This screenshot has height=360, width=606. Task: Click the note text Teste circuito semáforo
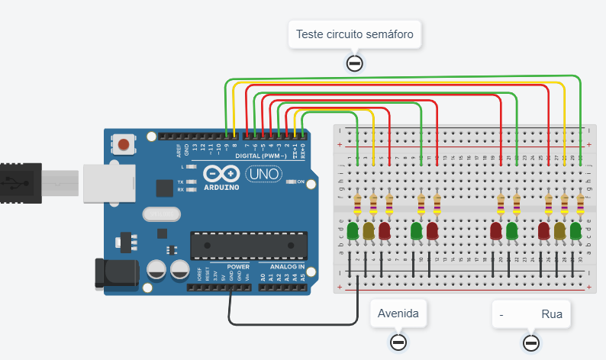tap(354, 34)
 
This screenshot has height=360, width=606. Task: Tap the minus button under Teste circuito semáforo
tap(354, 63)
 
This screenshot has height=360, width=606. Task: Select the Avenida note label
tap(398, 313)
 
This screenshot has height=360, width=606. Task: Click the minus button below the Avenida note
tap(398, 342)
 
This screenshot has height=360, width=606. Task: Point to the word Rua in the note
tap(551, 313)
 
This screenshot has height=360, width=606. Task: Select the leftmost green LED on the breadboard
tap(353, 230)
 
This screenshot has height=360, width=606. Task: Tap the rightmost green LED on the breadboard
tap(576, 230)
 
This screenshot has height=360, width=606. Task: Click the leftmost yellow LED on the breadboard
tap(369, 230)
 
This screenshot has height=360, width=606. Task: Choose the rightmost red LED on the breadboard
tap(544, 230)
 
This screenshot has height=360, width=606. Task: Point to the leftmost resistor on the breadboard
tap(358, 204)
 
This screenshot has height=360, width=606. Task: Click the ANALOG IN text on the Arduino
tap(286, 267)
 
